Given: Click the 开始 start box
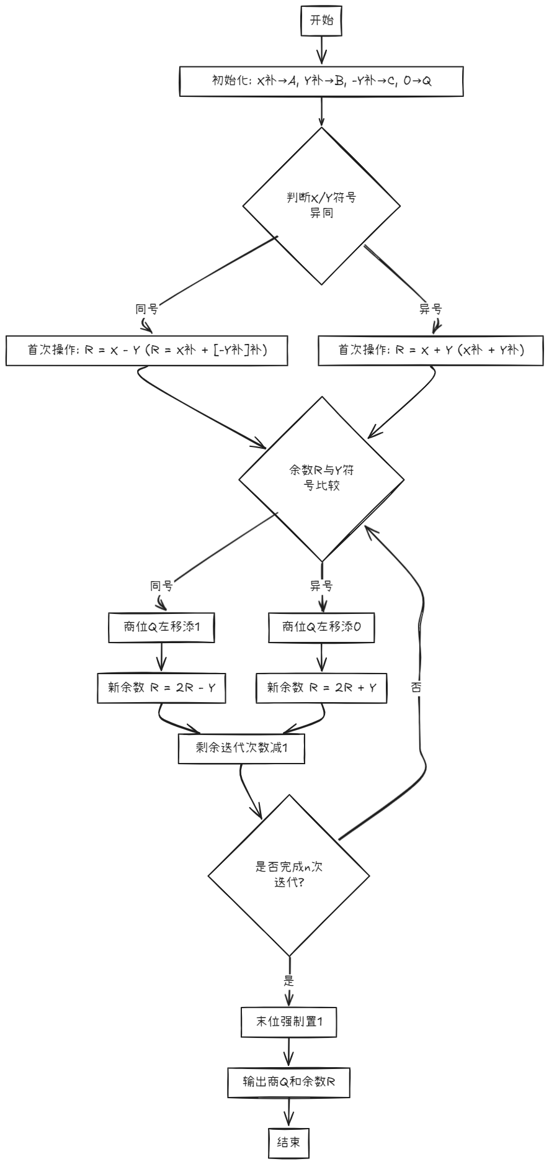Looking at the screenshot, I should click(x=321, y=20).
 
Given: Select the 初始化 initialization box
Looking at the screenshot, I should click(x=321, y=81).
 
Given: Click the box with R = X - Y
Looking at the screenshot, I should click(x=147, y=350).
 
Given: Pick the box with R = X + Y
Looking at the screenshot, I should click(x=431, y=350).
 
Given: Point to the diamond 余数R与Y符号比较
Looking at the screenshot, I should click(x=321, y=479).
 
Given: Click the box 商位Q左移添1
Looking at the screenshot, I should click(x=161, y=627).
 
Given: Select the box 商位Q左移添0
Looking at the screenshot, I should click(x=321, y=627).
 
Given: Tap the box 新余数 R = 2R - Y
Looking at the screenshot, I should click(x=161, y=687).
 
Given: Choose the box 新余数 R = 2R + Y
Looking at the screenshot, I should click(x=321, y=687).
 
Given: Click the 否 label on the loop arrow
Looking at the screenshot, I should click(x=416, y=687).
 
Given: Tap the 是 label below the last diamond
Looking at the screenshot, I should click(x=288, y=981).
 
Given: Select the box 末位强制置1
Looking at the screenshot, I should click(x=289, y=1022).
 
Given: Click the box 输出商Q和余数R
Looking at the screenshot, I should click(x=289, y=1082).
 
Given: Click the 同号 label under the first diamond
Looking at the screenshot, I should click(x=146, y=309).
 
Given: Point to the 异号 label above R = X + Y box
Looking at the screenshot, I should click(x=431, y=309).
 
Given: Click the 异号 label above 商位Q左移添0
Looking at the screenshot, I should click(x=321, y=585).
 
